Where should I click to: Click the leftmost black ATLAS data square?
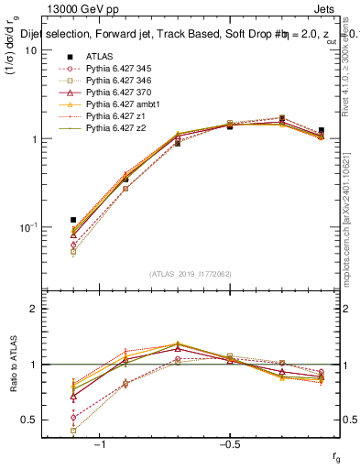[x=73, y=220]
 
